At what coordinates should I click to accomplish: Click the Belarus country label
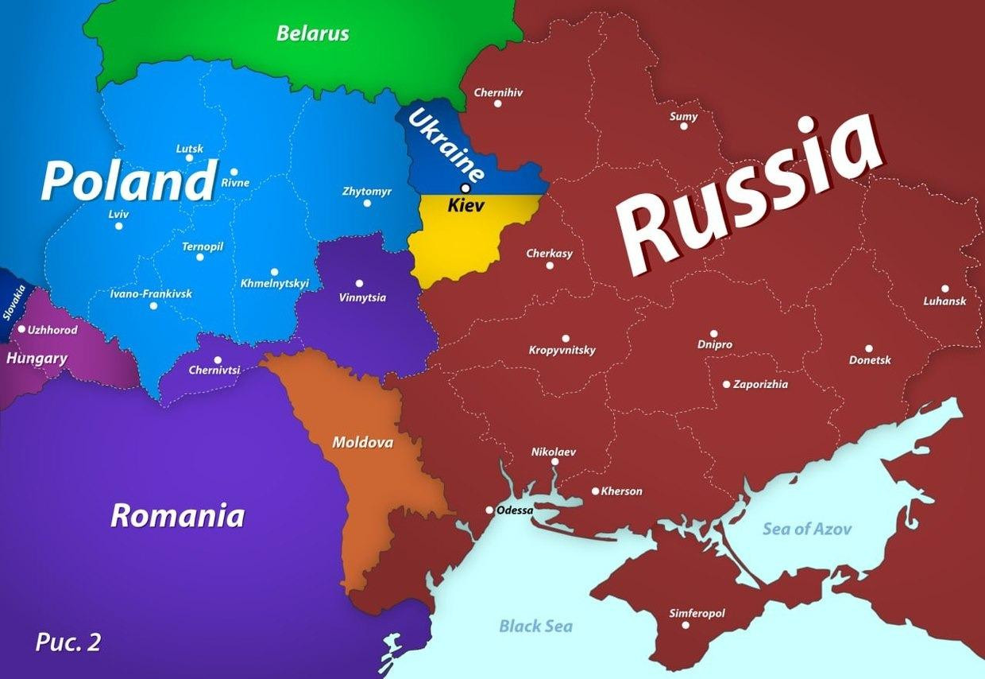[312, 33]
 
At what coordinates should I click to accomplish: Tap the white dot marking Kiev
[465, 188]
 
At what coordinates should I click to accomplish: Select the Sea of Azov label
[807, 529]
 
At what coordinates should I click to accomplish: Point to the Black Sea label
[535, 626]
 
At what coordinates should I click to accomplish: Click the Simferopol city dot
[686, 625]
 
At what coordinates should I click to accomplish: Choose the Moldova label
[362, 442]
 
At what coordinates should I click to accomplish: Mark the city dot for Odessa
[489, 510]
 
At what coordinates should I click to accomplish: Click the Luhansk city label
[944, 301]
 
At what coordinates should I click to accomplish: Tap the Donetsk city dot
[868, 348]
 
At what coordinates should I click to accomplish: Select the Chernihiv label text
[498, 92]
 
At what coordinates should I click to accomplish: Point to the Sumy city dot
[683, 126]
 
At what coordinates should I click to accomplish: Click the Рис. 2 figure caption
[68, 642]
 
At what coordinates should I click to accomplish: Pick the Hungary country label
[37, 359]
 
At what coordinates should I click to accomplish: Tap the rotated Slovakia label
[14, 302]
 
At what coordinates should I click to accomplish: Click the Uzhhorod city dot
[21, 329]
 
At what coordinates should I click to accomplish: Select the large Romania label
[177, 515]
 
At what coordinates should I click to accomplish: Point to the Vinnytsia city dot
[359, 283]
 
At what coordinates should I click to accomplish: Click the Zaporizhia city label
[760, 384]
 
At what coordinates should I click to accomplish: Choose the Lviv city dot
[118, 226]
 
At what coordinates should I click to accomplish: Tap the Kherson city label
[621, 491]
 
